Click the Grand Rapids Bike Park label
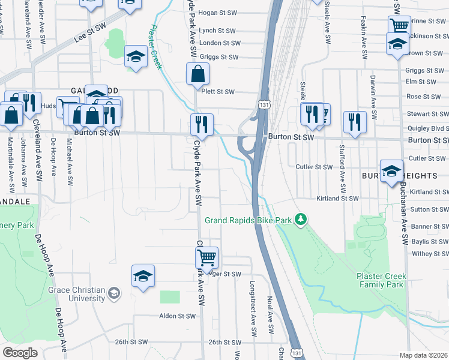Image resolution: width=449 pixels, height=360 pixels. (x=248, y=220)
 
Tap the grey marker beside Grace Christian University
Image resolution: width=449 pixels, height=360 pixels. (x=115, y=293)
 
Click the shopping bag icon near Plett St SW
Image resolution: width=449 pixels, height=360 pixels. (x=197, y=75)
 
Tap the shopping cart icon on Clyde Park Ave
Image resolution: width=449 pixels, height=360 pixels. (x=206, y=258)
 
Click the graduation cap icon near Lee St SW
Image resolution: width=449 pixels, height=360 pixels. (x=136, y=58)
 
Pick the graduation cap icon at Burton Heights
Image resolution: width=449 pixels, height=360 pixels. (x=391, y=170)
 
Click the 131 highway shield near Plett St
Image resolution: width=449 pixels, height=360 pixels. (x=264, y=104)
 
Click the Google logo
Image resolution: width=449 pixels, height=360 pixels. (x=20, y=353)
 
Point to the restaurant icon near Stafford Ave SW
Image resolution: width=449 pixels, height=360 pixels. (x=355, y=122)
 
